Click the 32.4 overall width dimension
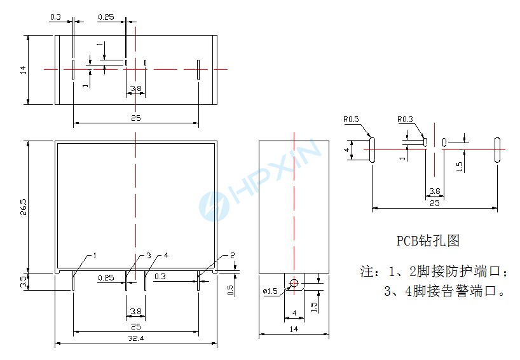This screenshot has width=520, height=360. pos(136,339)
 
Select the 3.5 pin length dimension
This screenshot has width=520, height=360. pos(24,281)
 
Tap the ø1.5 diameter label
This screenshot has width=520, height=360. pos(270,291)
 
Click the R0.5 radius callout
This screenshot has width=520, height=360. pos(352,119)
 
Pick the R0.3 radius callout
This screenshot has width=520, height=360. pos(405,119)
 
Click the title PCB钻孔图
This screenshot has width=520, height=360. pos(427,241)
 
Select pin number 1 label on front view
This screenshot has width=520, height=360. pos(94,256)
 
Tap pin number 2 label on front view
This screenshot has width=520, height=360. pos(232,255)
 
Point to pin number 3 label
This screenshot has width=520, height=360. pos(149,256)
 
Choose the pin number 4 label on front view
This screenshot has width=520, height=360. pos(166,256)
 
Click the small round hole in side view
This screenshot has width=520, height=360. pos(294,283)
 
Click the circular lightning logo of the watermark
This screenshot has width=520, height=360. pos(212,205)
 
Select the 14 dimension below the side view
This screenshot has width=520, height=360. pos(293,329)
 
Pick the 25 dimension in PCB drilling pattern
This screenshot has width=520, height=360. pos(435,203)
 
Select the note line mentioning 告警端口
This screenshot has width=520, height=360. pos(444,292)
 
